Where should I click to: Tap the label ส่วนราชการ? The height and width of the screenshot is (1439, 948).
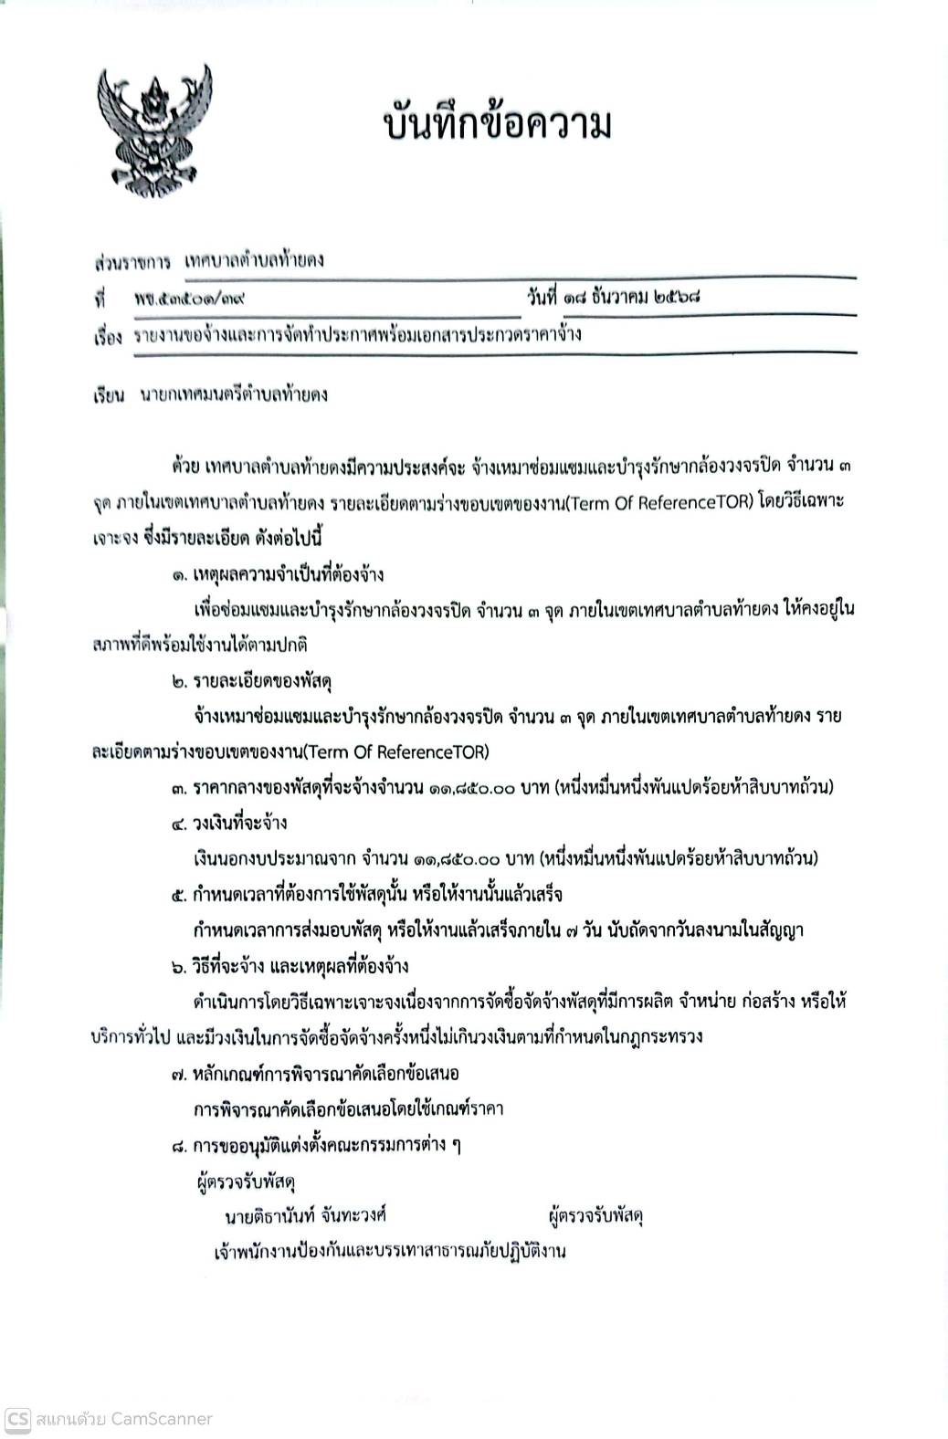click(x=132, y=263)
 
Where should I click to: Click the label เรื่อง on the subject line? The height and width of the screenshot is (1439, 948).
click(x=107, y=337)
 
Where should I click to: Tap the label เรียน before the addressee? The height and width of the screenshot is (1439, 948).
click(x=107, y=396)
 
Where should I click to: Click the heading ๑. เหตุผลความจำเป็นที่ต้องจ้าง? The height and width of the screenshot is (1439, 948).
click(x=277, y=574)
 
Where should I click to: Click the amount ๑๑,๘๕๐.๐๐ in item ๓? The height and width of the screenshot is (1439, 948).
click(x=471, y=787)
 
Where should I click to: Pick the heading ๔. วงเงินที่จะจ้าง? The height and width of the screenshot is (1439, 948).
click(x=228, y=823)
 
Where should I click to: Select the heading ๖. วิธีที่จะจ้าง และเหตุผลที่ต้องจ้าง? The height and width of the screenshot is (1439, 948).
click(x=290, y=966)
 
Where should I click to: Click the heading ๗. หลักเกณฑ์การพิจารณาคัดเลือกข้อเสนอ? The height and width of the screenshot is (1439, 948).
click(x=314, y=1073)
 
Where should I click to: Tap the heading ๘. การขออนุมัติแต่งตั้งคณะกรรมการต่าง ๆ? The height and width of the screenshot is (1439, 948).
click(x=315, y=1144)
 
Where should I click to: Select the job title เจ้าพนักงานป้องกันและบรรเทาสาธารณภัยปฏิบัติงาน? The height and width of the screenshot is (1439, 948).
click(x=389, y=1251)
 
